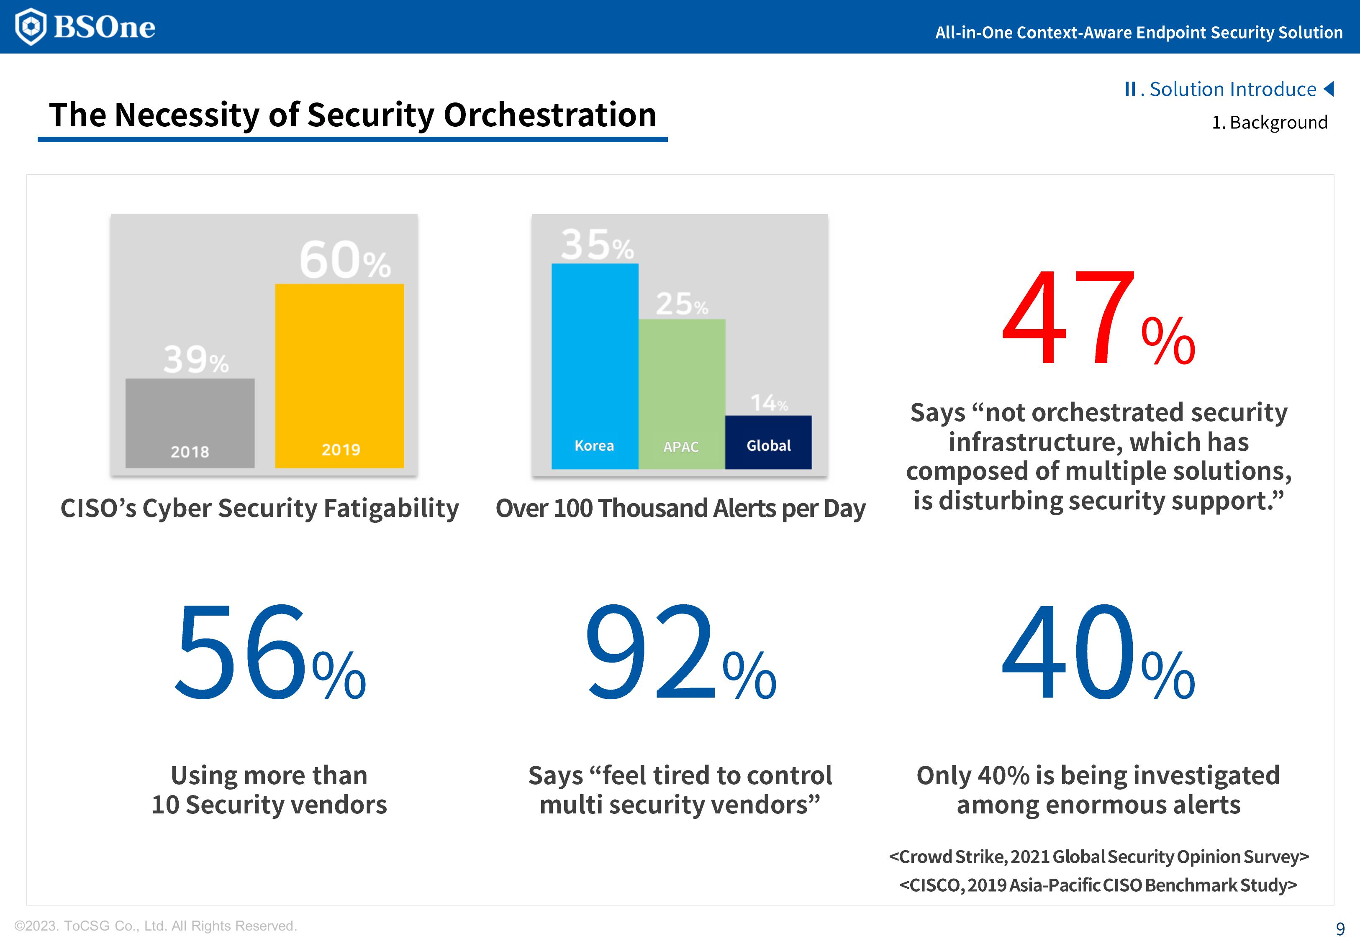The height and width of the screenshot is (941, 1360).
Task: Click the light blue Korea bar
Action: click(x=595, y=366)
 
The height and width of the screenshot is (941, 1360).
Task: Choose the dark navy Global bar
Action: click(x=768, y=442)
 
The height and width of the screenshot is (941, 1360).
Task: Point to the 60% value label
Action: click(x=345, y=260)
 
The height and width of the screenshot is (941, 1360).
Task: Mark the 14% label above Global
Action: click(x=768, y=403)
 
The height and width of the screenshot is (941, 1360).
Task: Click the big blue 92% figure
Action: click(x=680, y=653)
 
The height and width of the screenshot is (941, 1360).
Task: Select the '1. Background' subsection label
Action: click(x=1269, y=123)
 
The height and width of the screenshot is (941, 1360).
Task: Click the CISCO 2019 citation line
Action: click(x=1098, y=885)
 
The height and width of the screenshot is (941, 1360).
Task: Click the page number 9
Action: click(x=1340, y=928)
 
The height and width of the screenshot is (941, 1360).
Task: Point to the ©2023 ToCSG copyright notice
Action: click(x=156, y=926)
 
